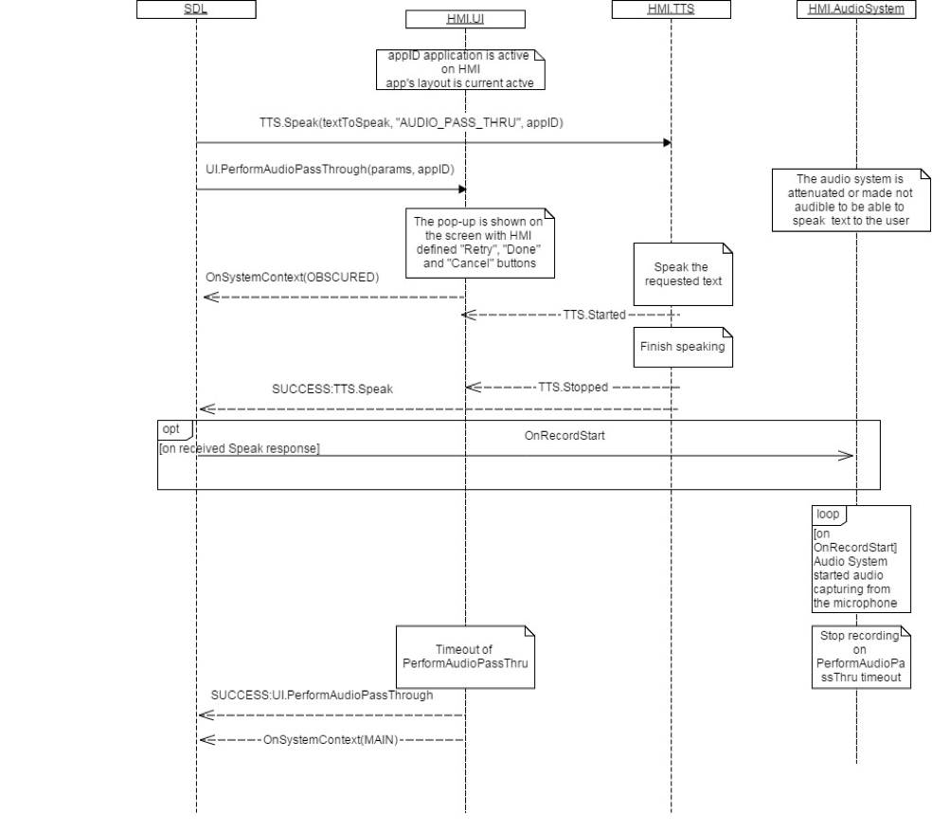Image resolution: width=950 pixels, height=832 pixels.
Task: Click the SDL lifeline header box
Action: click(x=196, y=9)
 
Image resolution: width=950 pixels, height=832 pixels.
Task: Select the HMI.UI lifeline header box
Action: click(x=464, y=17)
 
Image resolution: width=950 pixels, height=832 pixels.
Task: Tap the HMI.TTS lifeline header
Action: click(x=671, y=9)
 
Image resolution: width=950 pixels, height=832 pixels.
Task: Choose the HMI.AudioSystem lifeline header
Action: click(x=856, y=9)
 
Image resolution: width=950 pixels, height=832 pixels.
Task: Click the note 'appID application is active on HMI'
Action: click(x=464, y=69)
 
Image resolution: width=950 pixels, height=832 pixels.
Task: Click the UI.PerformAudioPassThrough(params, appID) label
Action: click(x=330, y=168)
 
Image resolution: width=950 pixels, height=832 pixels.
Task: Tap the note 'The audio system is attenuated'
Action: click(x=851, y=201)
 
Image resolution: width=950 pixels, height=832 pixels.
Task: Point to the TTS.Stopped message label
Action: click(x=573, y=387)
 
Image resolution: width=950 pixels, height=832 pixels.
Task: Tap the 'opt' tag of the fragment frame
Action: click(x=171, y=430)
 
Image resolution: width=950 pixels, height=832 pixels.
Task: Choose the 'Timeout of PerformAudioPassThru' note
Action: click(x=464, y=656)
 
